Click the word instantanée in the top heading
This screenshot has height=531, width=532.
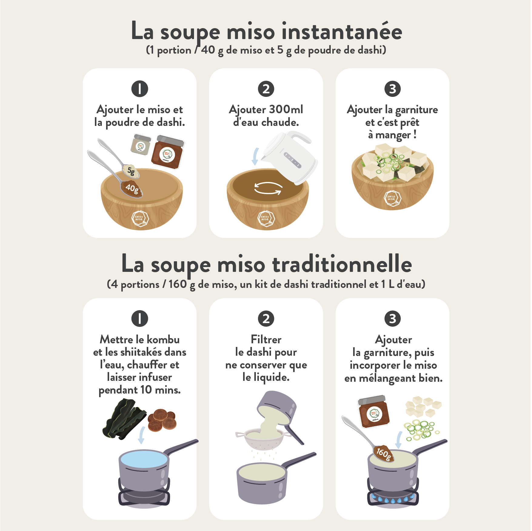click(342, 31)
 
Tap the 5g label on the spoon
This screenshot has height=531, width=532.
click(131, 171)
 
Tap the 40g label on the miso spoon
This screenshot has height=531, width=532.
click(132, 188)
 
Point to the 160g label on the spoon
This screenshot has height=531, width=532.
click(383, 453)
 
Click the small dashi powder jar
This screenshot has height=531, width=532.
click(141, 145)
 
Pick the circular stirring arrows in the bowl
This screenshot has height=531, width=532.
click(268, 188)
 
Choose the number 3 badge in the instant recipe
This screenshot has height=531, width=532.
click(393, 89)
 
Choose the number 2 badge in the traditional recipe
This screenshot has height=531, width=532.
click(266, 318)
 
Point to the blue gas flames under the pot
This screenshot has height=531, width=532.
click(393, 499)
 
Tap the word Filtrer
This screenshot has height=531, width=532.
click(266, 339)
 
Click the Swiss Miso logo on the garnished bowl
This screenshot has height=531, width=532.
click(392, 199)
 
